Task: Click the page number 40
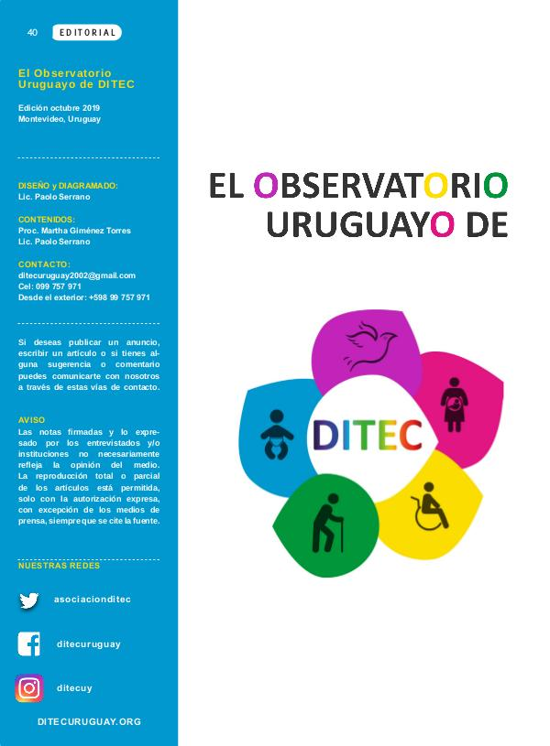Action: (x=32, y=32)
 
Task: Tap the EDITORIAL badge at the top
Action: (x=87, y=32)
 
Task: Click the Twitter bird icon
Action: (x=29, y=600)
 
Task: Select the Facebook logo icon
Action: (x=28, y=644)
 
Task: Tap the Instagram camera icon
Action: (x=29, y=688)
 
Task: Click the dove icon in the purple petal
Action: (x=371, y=344)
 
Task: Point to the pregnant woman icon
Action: (x=454, y=405)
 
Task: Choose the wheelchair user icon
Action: (x=430, y=506)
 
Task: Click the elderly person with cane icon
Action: (x=328, y=523)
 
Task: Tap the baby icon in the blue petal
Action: (x=277, y=435)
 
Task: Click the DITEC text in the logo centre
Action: (x=368, y=435)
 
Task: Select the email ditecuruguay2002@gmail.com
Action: (x=77, y=276)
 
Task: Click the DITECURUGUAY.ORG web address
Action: (x=89, y=721)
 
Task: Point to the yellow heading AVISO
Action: (x=31, y=420)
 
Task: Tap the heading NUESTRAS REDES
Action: (x=59, y=566)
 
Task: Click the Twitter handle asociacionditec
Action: (x=93, y=600)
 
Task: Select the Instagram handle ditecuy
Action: (x=74, y=688)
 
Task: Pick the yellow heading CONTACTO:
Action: (x=44, y=264)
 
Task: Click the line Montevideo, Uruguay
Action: (x=60, y=119)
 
